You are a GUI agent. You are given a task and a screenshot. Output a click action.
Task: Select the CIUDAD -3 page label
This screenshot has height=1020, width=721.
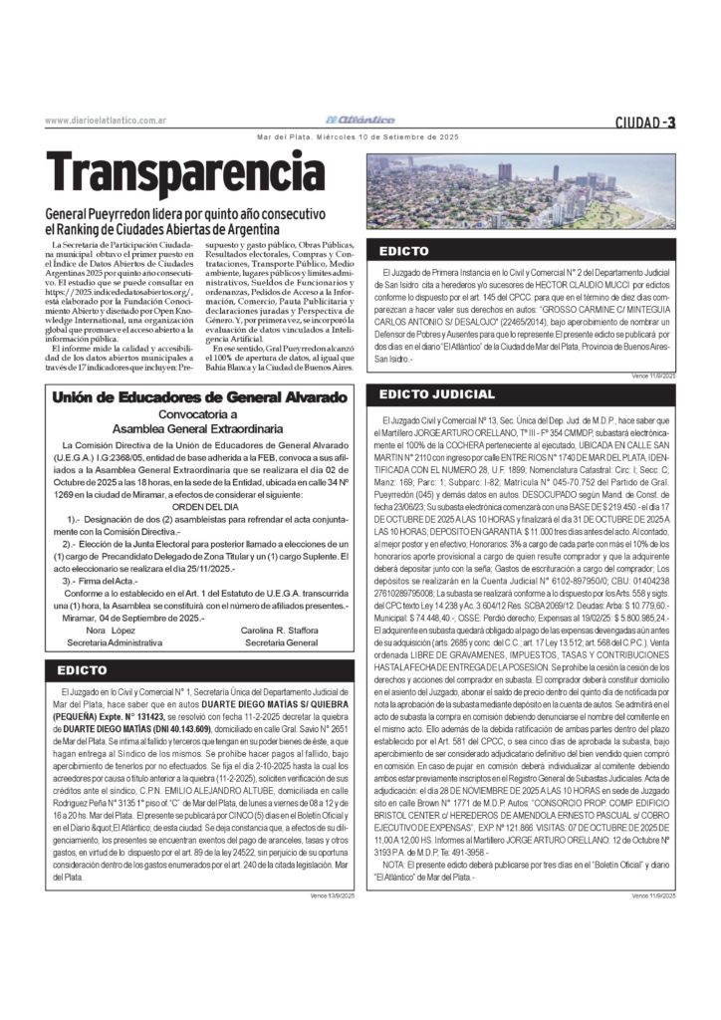tap(645, 122)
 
